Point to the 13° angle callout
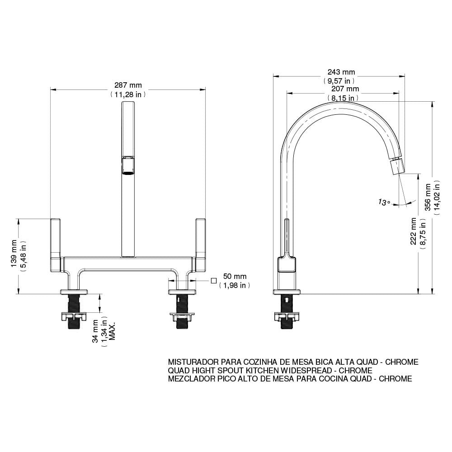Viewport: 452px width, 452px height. pyautogui.click(x=384, y=202)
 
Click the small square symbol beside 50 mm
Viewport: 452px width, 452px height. pyautogui.click(x=213, y=281)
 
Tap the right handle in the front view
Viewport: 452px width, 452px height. pyautogui.click(x=200, y=245)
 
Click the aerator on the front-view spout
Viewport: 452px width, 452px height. pyautogui.click(x=127, y=166)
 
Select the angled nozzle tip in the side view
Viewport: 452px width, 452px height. pyautogui.click(x=398, y=166)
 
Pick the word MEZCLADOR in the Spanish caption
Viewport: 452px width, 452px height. pyautogui.click(x=189, y=379)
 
